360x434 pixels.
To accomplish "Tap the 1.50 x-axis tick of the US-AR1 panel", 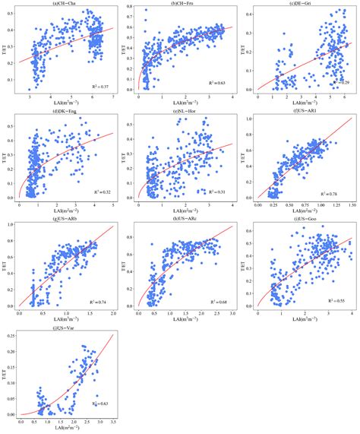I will [352, 205].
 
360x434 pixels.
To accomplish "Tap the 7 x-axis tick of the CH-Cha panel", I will [113, 97].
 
